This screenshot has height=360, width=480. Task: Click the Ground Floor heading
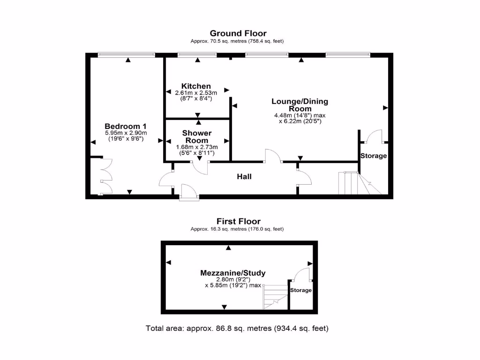point(238,33)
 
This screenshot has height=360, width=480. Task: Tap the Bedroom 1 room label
point(126,126)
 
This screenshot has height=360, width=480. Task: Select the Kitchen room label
point(196,86)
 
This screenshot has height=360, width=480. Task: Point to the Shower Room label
point(197,137)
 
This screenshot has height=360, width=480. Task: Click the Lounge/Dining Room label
point(300,105)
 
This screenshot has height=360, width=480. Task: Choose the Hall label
point(244,177)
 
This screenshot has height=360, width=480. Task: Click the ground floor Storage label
point(374,156)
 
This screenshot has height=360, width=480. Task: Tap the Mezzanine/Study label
point(233,273)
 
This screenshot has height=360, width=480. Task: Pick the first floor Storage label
point(300,290)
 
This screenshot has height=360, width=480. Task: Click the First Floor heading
point(238,221)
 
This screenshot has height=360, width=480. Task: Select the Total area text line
point(237,328)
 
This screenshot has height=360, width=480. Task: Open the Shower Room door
point(201,167)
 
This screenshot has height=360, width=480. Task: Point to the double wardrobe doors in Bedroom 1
point(106,176)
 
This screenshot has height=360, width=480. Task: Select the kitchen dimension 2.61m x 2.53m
point(196,93)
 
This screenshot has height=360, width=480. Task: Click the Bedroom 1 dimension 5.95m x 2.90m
point(126,133)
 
